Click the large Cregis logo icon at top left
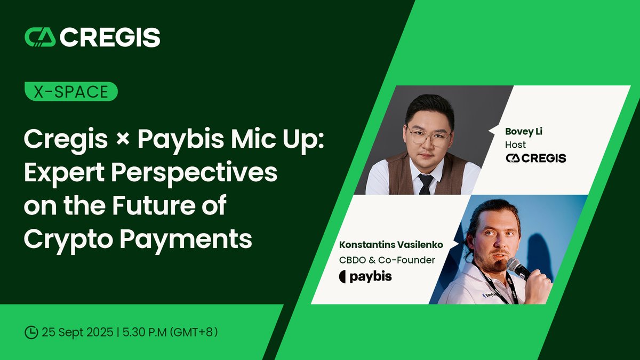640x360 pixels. point(40,37)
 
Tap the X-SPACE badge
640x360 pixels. point(71,92)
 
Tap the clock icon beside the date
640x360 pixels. point(31,332)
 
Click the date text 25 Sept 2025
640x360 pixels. point(81,332)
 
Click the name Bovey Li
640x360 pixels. point(523,131)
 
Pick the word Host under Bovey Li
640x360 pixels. point(515,145)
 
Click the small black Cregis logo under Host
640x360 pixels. point(535,158)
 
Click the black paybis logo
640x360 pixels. point(365,277)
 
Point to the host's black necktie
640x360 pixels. point(425,183)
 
